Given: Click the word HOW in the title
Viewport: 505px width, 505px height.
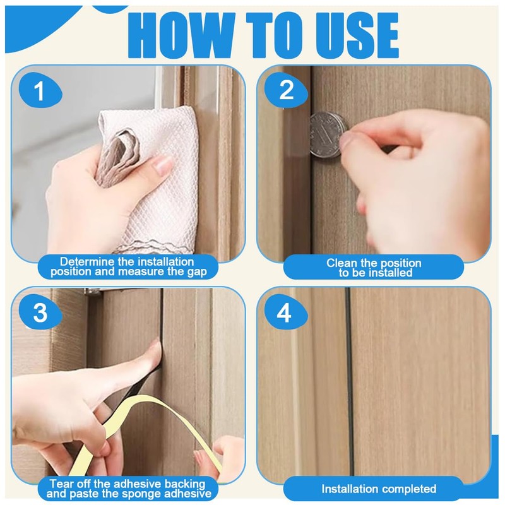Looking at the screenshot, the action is tap(181, 35).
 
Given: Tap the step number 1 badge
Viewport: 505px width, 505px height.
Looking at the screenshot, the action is tap(40, 90).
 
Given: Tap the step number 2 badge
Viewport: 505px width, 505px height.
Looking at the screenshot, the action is tap(286, 90).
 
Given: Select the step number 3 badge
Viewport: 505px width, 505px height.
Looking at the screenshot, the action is tap(40, 312).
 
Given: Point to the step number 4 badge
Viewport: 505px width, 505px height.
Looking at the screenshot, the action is tap(286, 312).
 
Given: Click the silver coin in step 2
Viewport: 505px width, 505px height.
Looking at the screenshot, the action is tap(328, 134).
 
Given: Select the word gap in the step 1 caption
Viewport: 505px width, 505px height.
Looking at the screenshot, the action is tap(197, 272).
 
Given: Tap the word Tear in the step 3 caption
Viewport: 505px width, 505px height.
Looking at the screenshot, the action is tap(60, 484).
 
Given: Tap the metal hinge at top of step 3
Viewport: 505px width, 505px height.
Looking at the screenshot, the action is tap(93, 291).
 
